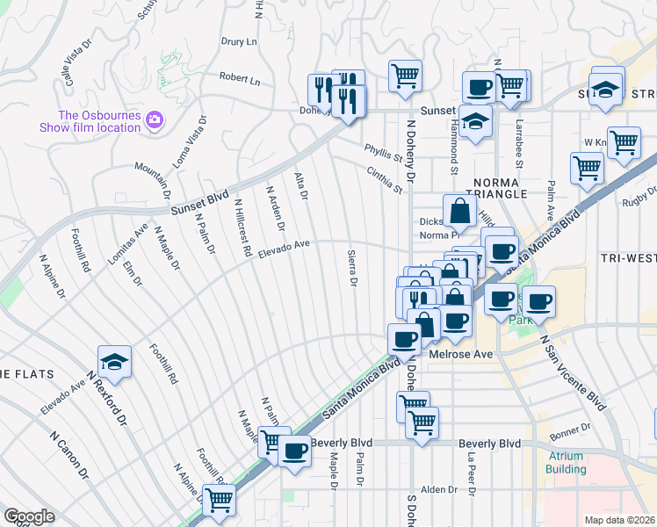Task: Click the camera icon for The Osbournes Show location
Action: (x=155, y=119)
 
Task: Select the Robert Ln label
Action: (x=240, y=79)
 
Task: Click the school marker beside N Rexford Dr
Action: (x=113, y=362)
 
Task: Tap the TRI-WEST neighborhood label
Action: (x=627, y=258)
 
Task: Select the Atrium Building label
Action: (x=567, y=462)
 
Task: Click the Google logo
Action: (x=29, y=516)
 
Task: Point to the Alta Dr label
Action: (x=301, y=186)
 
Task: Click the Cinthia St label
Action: (x=384, y=179)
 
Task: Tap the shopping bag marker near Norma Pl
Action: (x=460, y=211)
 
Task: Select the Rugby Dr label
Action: (x=638, y=202)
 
